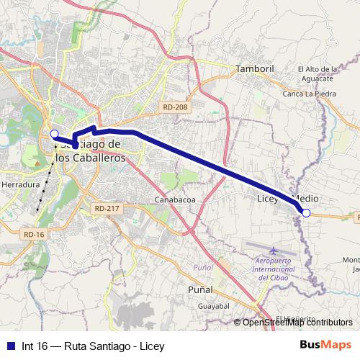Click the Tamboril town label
(251, 69)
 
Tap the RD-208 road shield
(175, 107)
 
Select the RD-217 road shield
(105, 208)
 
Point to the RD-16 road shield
(34, 234)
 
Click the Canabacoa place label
(176, 199)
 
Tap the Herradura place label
(21, 184)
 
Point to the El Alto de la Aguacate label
(318, 74)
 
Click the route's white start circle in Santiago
(54, 133)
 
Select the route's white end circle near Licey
(306, 212)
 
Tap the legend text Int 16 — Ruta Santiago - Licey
(93, 346)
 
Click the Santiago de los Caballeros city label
(90, 151)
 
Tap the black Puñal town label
(199, 289)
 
